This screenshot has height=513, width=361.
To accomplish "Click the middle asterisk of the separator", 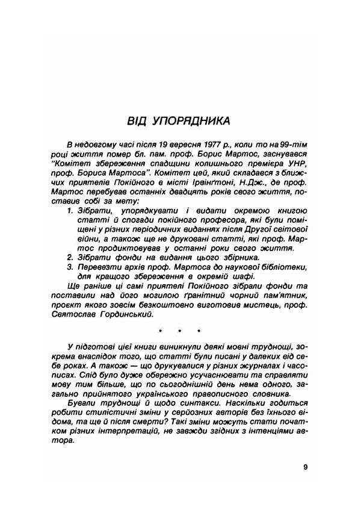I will pyautogui.click(x=178, y=331).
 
